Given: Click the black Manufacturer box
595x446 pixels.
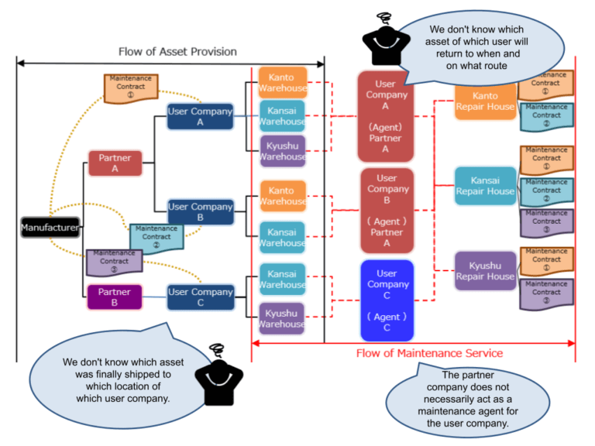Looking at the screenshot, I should pyautogui.click(x=50, y=228).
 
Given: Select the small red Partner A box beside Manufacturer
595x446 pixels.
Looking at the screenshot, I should pyautogui.click(x=115, y=163).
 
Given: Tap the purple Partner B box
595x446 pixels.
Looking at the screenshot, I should pyautogui.click(x=115, y=297).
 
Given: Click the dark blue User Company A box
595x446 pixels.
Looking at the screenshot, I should pyautogui.click(x=200, y=117).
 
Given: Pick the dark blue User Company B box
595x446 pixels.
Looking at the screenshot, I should pyautogui.click(x=200, y=211).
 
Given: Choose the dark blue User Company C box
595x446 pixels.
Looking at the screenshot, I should pyautogui.click(x=200, y=297).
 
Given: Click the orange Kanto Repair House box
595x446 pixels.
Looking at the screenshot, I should pyautogui.click(x=484, y=101).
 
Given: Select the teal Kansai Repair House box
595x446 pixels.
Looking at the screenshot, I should pyautogui.click(x=484, y=186).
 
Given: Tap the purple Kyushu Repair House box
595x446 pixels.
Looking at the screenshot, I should pyautogui.click(x=484, y=271).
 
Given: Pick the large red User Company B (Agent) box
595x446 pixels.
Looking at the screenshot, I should pyautogui.click(x=387, y=211).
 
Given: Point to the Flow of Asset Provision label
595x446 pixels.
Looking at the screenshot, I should pyautogui.click(x=177, y=52).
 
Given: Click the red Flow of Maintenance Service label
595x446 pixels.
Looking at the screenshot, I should pyautogui.click(x=429, y=353).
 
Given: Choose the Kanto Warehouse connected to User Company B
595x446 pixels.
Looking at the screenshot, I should pyautogui.click(x=283, y=196).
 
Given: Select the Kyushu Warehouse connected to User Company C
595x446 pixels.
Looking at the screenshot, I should pyautogui.click(x=283, y=318).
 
